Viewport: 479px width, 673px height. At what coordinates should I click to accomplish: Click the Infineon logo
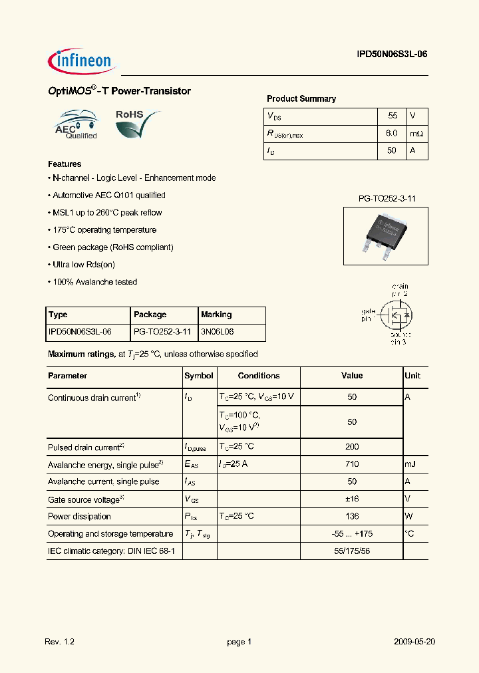pyautogui.click(x=82, y=61)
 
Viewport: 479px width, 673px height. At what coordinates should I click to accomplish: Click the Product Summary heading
pyautogui.click(x=301, y=98)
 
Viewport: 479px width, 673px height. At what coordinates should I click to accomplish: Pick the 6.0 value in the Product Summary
pyautogui.click(x=391, y=133)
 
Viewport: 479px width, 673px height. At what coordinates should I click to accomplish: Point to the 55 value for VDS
pyautogui.click(x=392, y=116)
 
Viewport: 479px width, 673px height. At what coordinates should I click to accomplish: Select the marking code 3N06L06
pyautogui.click(x=217, y=332)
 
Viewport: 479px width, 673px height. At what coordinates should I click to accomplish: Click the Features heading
pyautogui.click(x=65, y=164)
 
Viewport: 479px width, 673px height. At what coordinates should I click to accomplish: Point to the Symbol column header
pyautogui.click(x=198, y=376)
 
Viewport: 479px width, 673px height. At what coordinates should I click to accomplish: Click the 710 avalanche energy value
pyautogui.click(x=352, y=464)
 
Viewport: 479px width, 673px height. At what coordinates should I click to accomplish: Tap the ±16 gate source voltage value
pyautogui.click(x=352, y=499)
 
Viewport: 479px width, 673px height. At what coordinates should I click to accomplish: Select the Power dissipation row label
pyautogui.click(x=79, y=516)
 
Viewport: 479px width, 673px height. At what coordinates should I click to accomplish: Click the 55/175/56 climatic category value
pyautogui.click(x=352, y=551)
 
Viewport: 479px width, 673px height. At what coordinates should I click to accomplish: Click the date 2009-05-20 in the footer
pyautogui.click(x=414, y=642)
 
